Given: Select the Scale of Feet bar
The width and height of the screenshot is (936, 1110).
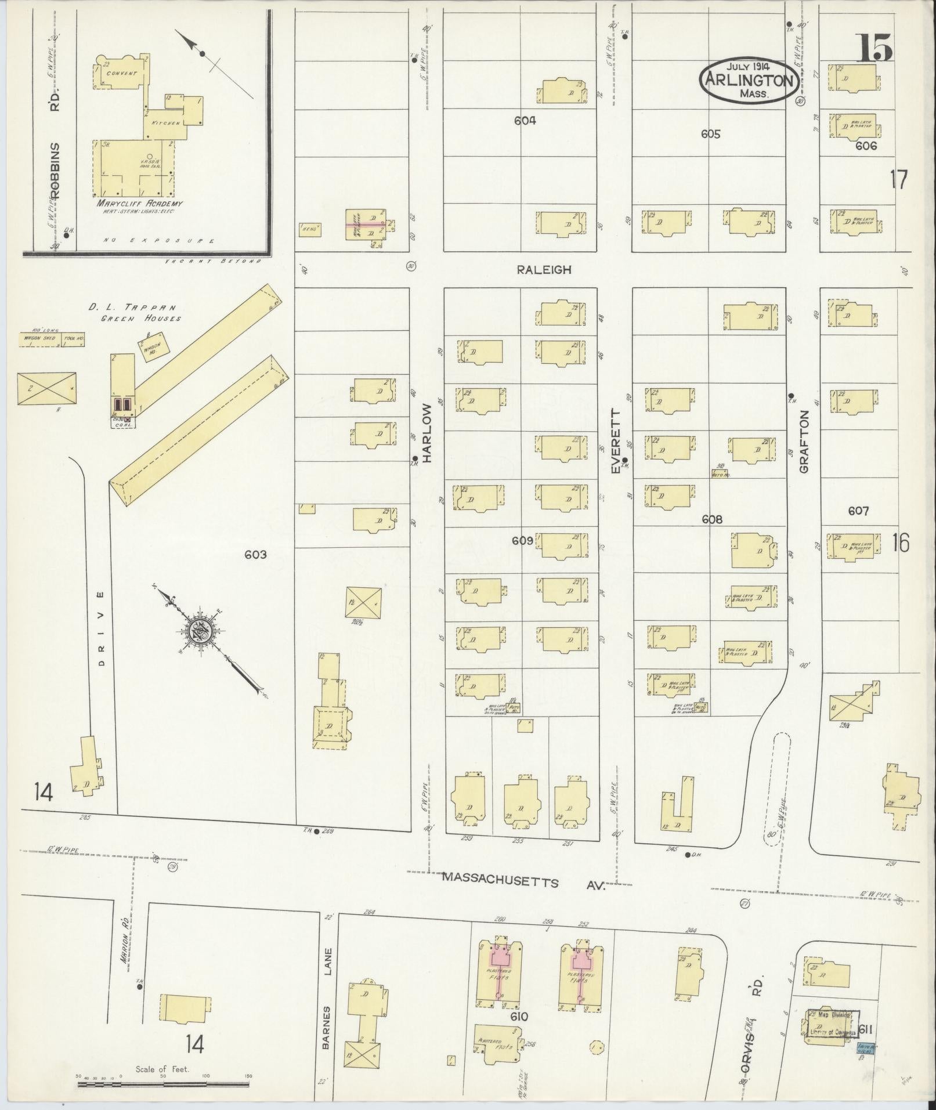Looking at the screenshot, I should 162,1083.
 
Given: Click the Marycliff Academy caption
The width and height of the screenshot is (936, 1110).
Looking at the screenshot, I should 140,204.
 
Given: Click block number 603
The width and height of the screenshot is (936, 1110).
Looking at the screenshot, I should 255,555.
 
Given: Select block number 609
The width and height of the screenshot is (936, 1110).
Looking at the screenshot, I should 522,541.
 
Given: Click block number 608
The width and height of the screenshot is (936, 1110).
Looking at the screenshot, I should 711,520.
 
